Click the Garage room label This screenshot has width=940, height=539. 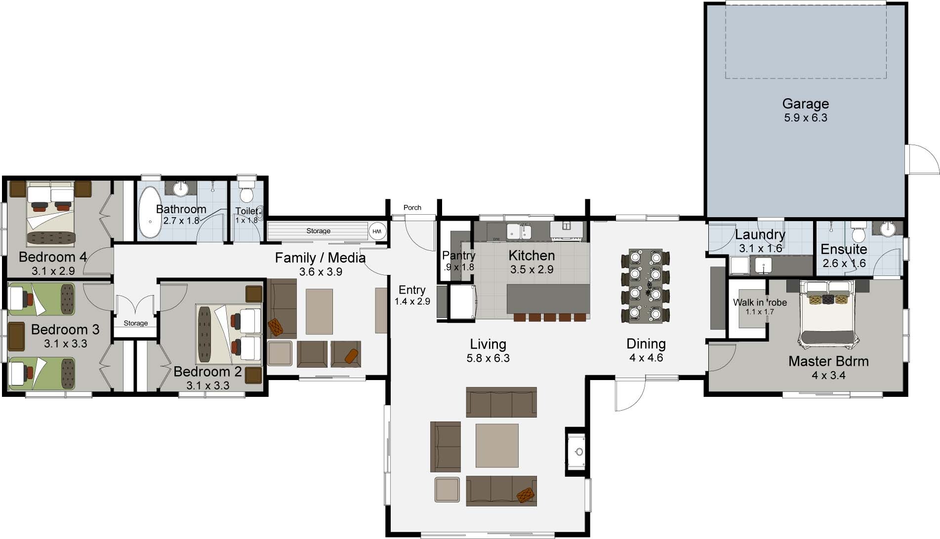pyautogui.click(x=805, y=104)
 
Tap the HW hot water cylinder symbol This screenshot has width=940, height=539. pyautogui.click(x=377, y=231)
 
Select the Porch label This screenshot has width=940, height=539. pyautogui.click(x=412, y=207)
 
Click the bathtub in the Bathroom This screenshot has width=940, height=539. pyautogui.click(x=147, y=212)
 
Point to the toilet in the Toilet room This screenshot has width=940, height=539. pyautogui.click(x=245, y=187)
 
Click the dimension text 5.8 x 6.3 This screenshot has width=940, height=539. pyautogui.click(x=488, y=358)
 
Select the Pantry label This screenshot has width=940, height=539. pyautogui.click(x=458, y=255)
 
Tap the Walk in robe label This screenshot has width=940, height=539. pyautogui.click(x=760, y=302)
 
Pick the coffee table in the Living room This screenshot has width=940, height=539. pyautogui.click(x=497, y=445)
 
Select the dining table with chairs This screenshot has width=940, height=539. pyautogui.click(x=645, y=286)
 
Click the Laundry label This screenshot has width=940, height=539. pyautogui.click(x=760, y=234)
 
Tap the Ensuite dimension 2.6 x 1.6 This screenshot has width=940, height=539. pyautogui.click(x=844, y=263)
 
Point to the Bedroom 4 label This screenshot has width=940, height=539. pyautogui.click(x=53, y=257)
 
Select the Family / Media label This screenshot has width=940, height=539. pyautogui.click(x=320, y=258)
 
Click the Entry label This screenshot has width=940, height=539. pyautogui.click(x=412, y=290)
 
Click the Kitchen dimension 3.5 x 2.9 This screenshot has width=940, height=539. pyautogui.click(x=531, y=269)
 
